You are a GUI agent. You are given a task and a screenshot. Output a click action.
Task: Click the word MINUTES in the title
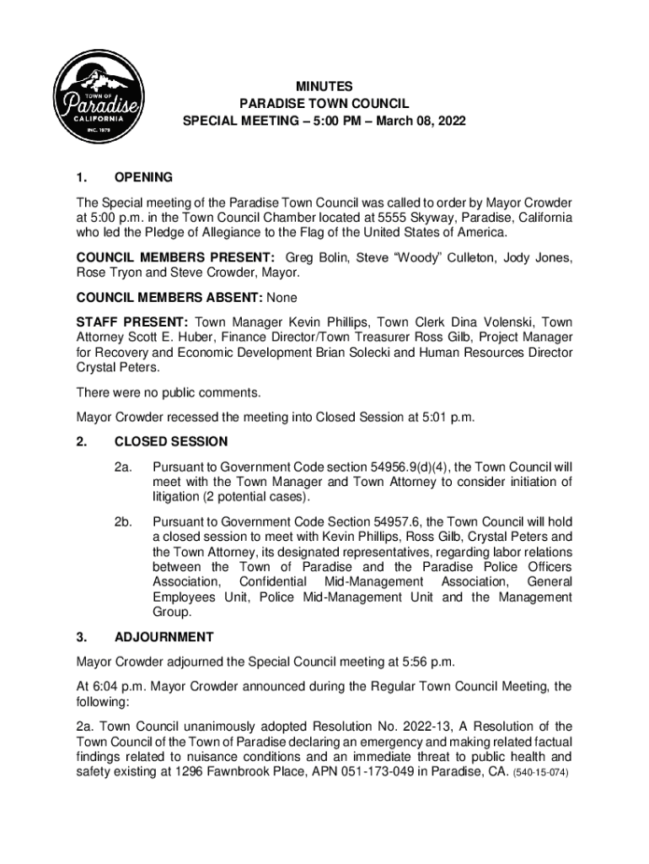click(x=324, y=86)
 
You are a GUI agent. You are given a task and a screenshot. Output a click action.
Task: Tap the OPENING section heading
click(x=143, y=178)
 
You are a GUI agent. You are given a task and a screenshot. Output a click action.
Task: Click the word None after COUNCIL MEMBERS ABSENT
click(x=282, y=298)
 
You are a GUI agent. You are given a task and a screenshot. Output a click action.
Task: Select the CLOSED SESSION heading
click(x=171, y=441)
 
